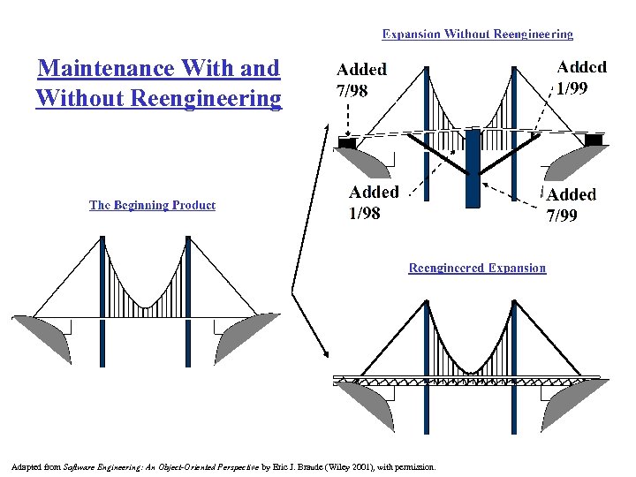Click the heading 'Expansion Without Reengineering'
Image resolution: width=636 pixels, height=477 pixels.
coord(477,34)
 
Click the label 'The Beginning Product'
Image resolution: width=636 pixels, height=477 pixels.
coord(152,205)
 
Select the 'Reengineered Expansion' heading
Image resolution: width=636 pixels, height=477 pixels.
coord(477,268)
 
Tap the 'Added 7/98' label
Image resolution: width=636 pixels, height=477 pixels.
coord(360,78)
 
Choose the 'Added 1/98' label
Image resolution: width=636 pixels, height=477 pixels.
coord(374,201)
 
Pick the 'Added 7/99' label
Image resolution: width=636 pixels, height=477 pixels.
coord(572,204)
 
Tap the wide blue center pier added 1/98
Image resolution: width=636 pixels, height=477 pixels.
coord(473,168)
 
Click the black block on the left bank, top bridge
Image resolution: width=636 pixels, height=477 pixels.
coord(347,141)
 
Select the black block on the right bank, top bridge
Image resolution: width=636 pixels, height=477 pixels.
coord(594,140)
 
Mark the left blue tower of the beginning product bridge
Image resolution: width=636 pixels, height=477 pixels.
coord(103,300)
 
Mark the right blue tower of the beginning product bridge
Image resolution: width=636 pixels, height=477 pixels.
coord(188,300)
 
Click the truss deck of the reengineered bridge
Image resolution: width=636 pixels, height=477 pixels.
coord(468,380)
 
